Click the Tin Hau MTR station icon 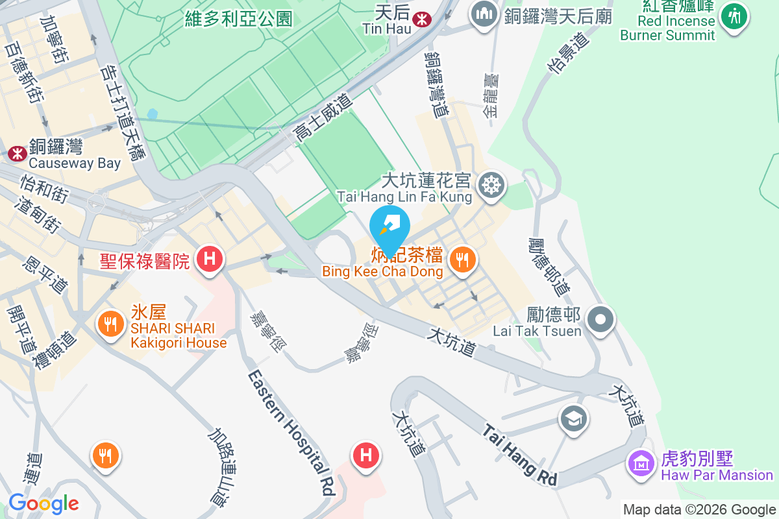point(422,19)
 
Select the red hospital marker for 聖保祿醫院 point(210,259)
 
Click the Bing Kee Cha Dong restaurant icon point(462,261)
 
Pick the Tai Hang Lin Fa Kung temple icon point(491,186)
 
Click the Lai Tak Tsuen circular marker point(600,319)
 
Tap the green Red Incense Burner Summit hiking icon point(735,15)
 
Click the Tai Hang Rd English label point(520,455)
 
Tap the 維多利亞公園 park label point(238,19)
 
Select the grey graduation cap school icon point(574,419)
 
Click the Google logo point(43,503)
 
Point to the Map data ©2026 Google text point(699,509)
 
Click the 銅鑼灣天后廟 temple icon point(484,14)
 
